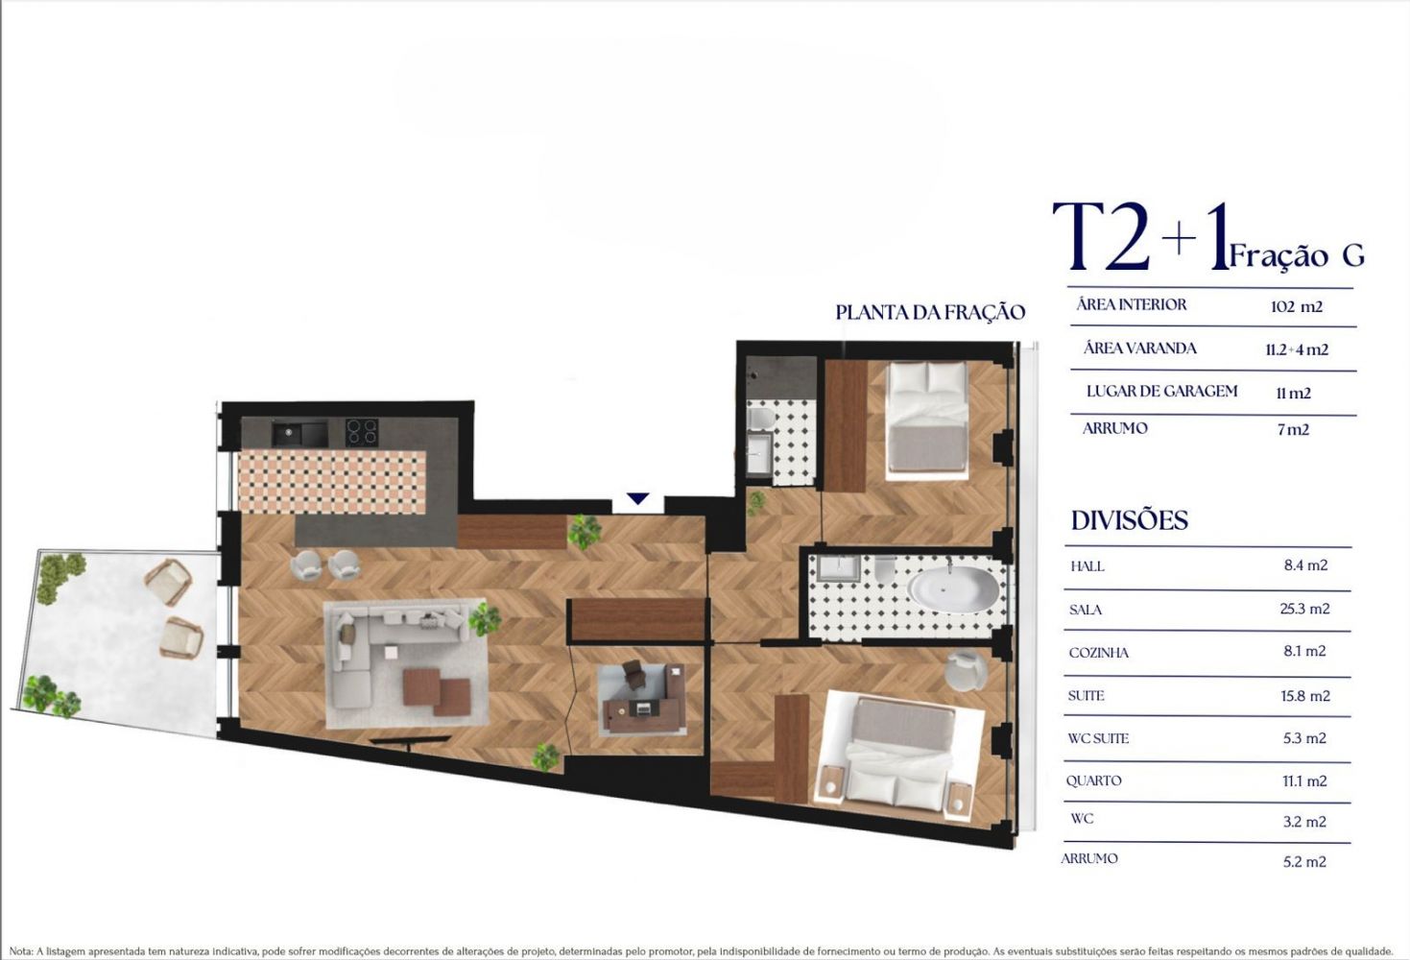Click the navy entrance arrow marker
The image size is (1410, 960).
pos(637,498)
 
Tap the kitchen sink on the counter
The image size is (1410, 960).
pos(299,434)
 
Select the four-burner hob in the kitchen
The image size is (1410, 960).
pos(361,432)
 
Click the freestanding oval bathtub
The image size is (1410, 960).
pos(952,589)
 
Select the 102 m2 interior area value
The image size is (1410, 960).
pos(1296,306)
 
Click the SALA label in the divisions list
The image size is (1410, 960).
pos(1086,610)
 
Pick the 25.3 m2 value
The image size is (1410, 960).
pos(1304,609)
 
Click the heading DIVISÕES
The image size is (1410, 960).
pos(1130,520)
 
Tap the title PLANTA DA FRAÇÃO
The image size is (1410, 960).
pos(930,312)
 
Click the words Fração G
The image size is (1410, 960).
pos(1297,255)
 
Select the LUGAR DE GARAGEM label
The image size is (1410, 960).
pos(1162,391)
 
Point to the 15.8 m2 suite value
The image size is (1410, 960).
pos(1304,696)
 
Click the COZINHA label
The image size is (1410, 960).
pos(1098,653)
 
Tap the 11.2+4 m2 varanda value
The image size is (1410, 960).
pos(1297,349)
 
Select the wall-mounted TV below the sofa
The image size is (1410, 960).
pos(410,740)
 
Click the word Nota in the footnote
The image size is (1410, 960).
pos(20,951)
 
